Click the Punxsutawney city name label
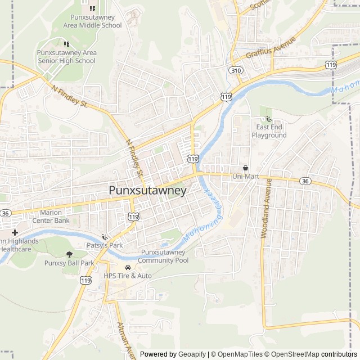[147, 191]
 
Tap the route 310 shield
[235, 70]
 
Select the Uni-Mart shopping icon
[245, 168]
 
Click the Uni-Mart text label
[245, 177]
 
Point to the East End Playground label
[269, 132]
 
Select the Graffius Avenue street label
[271, 48]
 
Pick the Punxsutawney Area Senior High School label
[66, 57]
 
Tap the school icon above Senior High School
[66, 44]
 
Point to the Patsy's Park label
[104, 246]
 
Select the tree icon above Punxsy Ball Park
[70, 255]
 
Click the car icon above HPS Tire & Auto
[128, 267]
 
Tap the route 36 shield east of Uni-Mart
[305, 181]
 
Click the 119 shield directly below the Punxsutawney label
[133, 217]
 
